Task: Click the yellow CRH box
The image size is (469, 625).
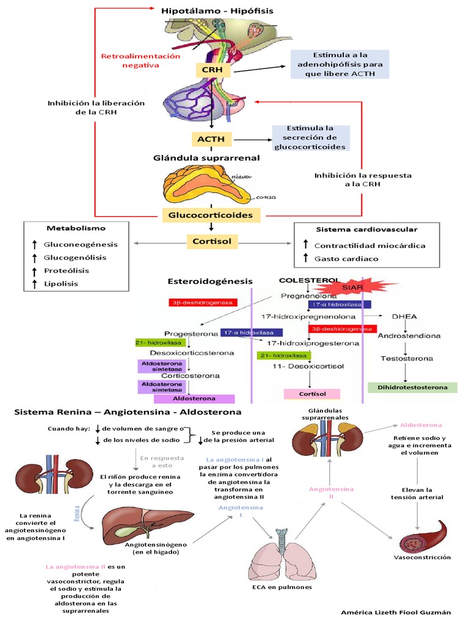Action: pos(213,71)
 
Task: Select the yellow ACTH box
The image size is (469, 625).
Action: pos(211,139)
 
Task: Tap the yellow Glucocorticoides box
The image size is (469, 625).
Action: pos(211,215)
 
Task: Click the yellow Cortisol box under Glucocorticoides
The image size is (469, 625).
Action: pos(210,241)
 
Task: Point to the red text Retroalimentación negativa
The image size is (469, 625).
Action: pos(141,60)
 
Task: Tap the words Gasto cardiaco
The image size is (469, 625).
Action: pos(346,259)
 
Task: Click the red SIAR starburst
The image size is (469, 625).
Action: pos(356,285)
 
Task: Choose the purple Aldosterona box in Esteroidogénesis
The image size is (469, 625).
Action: pos(195,399)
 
